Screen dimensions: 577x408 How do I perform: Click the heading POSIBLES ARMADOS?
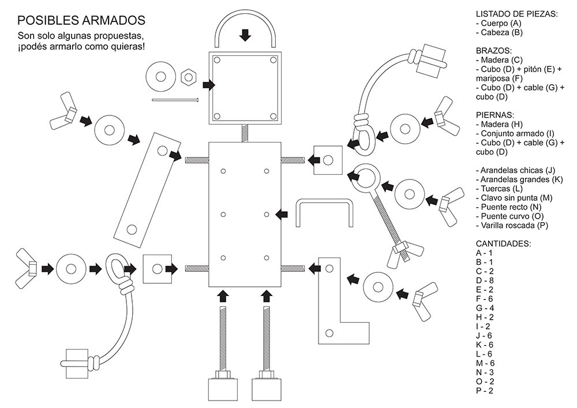coord(81,20)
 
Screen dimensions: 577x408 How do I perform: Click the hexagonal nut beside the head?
coord(189,77)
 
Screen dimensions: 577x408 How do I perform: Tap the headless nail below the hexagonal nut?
coord(175,99)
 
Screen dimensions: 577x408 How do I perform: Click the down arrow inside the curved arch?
coord(245,35)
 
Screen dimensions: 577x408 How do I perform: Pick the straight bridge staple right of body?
coord(298,214)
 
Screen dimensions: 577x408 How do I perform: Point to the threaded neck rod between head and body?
coord(245,133)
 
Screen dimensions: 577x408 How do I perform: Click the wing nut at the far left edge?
coord(27,268)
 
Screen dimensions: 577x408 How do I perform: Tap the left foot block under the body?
coord(223,390)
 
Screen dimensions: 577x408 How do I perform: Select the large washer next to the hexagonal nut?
coord(160,77)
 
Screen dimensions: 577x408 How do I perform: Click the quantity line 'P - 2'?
coord(484,391)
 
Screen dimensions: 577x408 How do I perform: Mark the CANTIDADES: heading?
coord(503,244)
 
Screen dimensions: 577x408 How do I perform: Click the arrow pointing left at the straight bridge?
coord(282,214)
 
